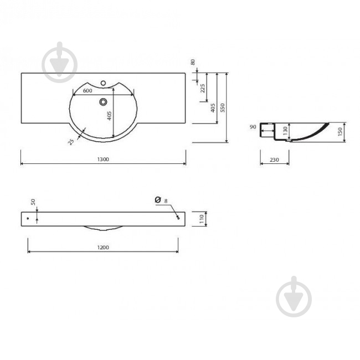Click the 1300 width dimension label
[x=103, y=159]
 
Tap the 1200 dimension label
[x=103, y=247]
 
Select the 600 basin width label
[x=88, y=90]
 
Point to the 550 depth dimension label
[x=222, y=107]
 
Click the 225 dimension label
[x=203, y=88]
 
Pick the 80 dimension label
[x=193, y=62]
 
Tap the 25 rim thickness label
[x=71, y=142]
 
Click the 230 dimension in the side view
[x=274, y=160]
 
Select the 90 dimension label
[x=253, y=127]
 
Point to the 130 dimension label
[x=285, y=131]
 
